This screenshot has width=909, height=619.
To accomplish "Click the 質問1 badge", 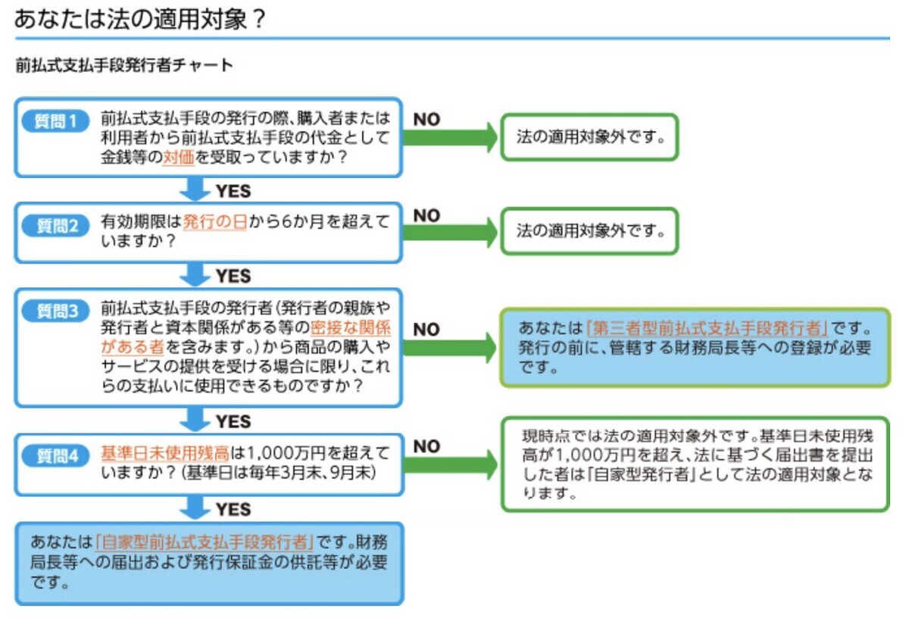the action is (55, 121).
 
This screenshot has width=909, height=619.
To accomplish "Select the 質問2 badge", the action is (55, 226).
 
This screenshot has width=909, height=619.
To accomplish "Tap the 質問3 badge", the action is (55, 311).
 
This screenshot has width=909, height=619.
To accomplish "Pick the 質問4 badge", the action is (55, 456).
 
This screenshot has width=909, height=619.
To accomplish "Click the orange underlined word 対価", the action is (179, 157).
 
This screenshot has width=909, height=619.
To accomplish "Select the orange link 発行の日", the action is (215, 222).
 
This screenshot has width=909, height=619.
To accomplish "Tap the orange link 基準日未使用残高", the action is (165, 453).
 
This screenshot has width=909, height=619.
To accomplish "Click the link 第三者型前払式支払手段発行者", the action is (707, 328).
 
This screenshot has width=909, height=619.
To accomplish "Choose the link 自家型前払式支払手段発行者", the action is (204, 542).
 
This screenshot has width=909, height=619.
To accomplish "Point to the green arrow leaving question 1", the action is (450, 138).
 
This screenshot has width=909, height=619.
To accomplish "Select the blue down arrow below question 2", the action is (195, 274).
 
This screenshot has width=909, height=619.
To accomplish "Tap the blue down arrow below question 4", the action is (195, 508).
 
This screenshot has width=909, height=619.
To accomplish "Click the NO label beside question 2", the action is (426, 215).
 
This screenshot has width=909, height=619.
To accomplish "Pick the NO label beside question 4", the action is (426, 446).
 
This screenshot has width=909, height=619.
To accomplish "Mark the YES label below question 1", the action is (233, 191).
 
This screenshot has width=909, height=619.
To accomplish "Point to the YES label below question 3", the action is (233, 421).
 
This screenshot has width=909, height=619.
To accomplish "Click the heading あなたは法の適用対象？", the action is (140, 19).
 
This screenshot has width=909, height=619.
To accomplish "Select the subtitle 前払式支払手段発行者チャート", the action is (124, 65).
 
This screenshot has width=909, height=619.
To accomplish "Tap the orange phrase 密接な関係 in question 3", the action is (351, 327).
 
